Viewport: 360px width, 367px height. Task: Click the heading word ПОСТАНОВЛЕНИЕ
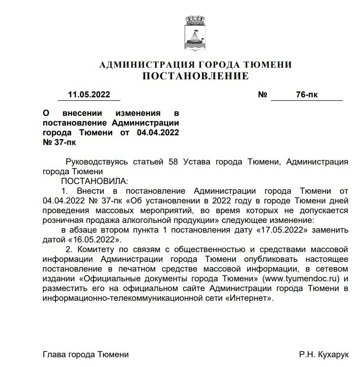pos(195,76)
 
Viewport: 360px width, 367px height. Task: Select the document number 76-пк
pos(307,94)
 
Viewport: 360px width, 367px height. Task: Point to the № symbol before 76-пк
pos(263,94)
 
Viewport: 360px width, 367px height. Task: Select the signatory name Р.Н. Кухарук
pos(322,354)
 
